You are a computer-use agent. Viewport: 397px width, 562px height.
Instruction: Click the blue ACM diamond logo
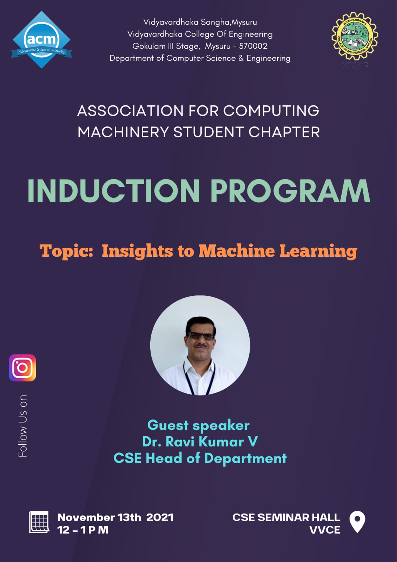click(x=41, y=40)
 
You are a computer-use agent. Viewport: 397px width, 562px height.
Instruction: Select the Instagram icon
click(x=22, y=368)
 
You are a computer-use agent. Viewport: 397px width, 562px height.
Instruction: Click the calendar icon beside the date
click(x=39, y=522)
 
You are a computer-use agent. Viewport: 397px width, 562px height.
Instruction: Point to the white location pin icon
click(x=357, y=522)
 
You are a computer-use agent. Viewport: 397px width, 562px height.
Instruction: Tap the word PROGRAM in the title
click(x=290, y=191)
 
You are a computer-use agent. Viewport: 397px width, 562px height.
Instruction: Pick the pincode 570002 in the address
click(x=253, y=46)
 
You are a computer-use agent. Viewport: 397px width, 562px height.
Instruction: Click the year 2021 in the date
click(x=160, y=517)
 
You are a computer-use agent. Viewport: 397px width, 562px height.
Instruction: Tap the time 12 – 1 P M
click(x=83, y=530)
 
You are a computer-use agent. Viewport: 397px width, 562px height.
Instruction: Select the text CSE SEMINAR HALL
click(x=286, y=517)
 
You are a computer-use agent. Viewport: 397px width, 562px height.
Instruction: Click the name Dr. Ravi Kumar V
click(x=200, y=442)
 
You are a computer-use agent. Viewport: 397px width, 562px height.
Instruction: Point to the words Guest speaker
click(x=198, y=425)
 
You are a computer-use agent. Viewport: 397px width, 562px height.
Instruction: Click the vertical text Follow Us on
click(x=22, y=426)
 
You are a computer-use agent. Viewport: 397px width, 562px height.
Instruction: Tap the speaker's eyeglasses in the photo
click(x=201, y=336)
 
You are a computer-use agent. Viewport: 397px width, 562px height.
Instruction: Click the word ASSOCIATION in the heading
click(x=130, y=111)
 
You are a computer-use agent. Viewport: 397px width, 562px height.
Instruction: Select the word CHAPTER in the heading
click(x=284, y=132)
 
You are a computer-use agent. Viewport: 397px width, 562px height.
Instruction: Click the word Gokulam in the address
click(x=149, y=46)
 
